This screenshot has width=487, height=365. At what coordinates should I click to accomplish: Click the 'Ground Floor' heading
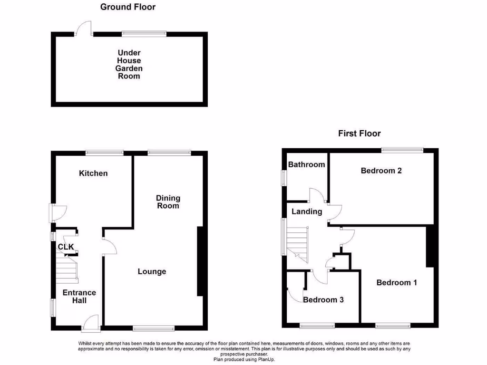coord(127,7)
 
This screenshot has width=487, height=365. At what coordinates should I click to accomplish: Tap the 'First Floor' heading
coord(359,134)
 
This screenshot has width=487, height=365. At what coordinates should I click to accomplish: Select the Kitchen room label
coord(93,173)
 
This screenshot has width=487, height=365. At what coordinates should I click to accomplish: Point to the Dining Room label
coord(168,202)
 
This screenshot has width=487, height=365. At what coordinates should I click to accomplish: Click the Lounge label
coord(152,271)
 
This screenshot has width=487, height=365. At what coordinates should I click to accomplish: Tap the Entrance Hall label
coord(79,297)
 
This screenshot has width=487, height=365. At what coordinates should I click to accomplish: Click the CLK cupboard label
coord(66,247)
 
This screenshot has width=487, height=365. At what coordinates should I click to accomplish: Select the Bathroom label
coord(307,164)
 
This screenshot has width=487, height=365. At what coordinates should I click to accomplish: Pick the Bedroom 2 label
coord(381,171)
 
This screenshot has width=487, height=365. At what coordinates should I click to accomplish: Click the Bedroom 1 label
coord(397,283)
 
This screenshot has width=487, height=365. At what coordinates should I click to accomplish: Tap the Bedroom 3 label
coord(323,300)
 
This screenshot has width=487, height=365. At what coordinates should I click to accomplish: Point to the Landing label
coord(307,211)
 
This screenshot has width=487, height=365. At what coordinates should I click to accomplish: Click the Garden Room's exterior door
coord(84,28)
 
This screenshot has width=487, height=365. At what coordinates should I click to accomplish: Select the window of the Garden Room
coord(144,34)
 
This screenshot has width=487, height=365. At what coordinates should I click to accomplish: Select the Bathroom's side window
coord(284,178)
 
